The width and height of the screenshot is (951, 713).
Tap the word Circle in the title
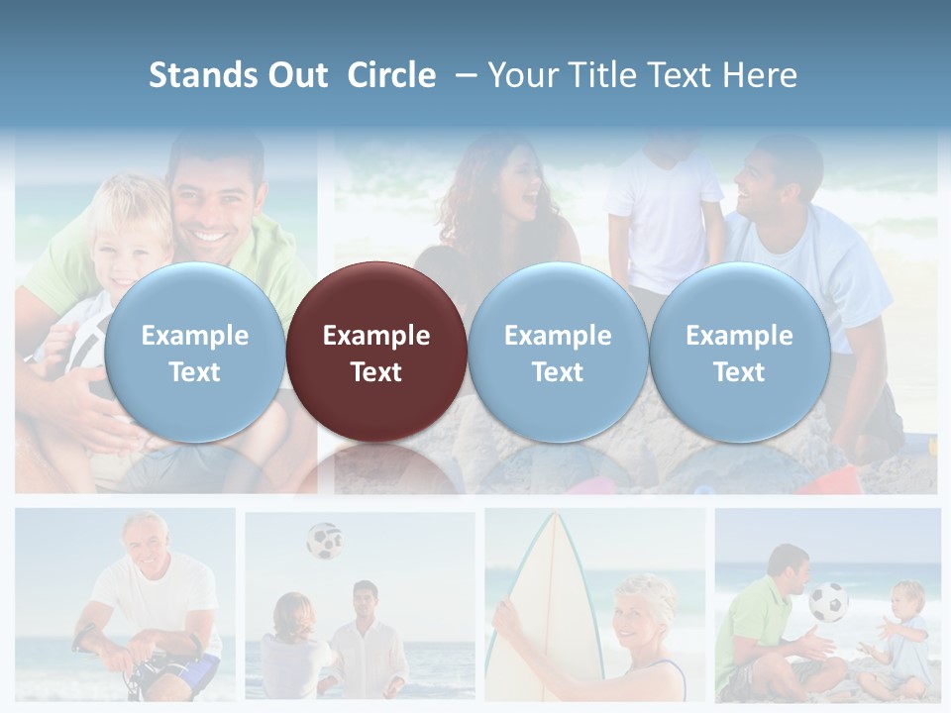(391, 75)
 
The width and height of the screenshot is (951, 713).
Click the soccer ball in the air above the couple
(323, 541)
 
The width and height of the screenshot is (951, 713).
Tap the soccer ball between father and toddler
(828, 601)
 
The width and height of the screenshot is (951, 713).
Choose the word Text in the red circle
(375, 372)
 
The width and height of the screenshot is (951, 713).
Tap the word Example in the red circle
(375, 336)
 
